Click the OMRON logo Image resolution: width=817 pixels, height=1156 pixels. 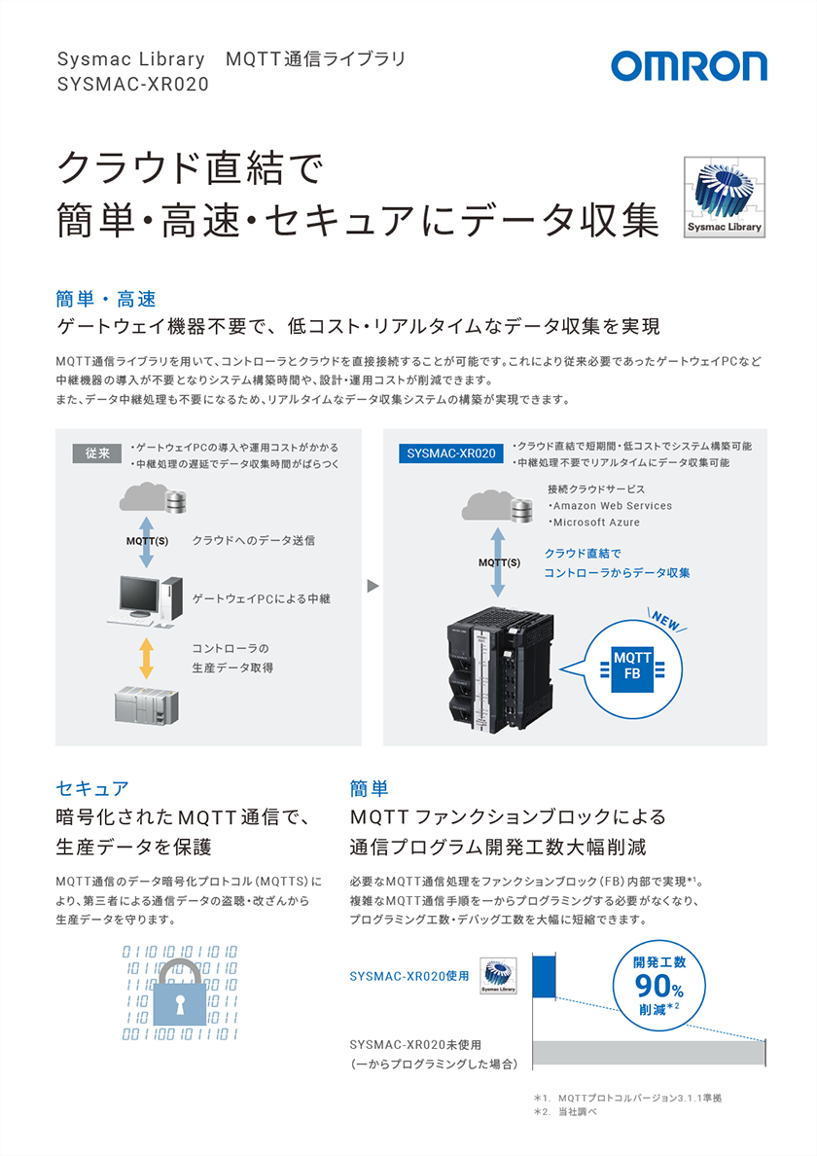click(689, 67)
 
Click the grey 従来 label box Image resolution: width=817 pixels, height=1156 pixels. click(96, 452)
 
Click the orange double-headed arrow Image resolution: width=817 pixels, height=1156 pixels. click(147, 658)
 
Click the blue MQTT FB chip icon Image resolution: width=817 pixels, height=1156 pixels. click(632, 666)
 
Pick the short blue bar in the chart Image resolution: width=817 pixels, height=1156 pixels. click(542, 976)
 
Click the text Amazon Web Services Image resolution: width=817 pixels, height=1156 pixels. click(612, 506)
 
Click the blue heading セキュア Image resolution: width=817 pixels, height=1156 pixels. click(92, 787)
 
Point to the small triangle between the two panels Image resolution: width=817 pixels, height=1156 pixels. click(372, 586)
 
